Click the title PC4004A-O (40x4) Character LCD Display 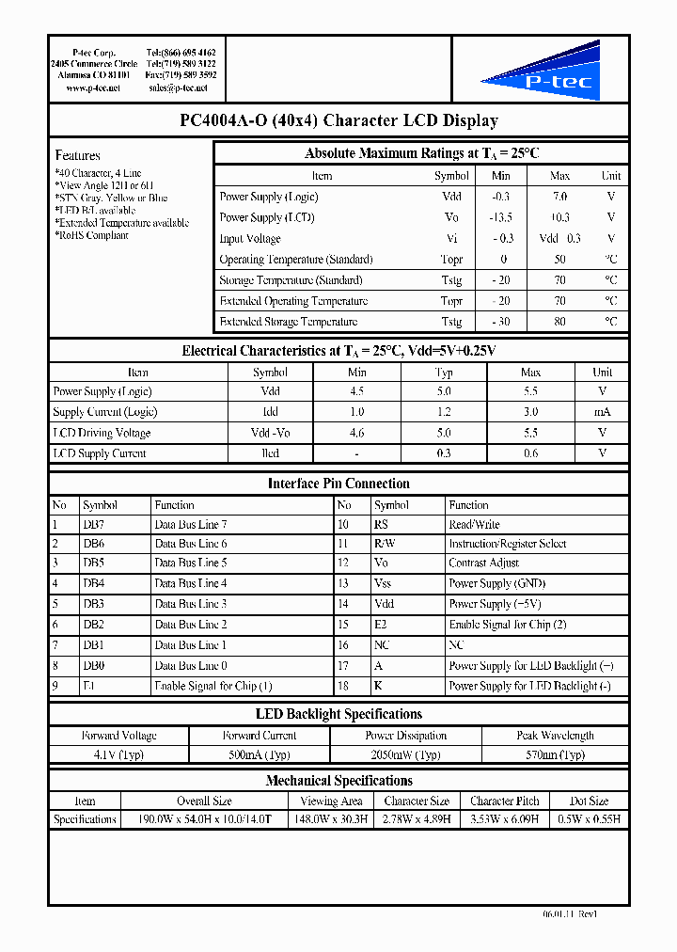coord(338,120)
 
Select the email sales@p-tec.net coord(178,87)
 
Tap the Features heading coord(77,155)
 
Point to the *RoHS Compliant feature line coord(91,236)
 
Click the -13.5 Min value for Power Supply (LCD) coord(501,217)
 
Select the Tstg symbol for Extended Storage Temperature coord(451,322)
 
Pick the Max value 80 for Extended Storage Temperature coord(559,322)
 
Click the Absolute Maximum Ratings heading coord(421,153)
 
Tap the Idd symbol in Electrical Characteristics coord(271,412)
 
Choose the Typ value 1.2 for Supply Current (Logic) coord(444,412)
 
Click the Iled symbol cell coord(271,453)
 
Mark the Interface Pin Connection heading coord(338,484)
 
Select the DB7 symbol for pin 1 coord(93,525)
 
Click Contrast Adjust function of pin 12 coord(483,563)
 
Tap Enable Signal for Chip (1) coord(213,687)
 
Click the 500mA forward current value coord(260,754)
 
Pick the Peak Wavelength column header coord(555,736)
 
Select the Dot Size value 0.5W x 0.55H coord(589,819)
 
